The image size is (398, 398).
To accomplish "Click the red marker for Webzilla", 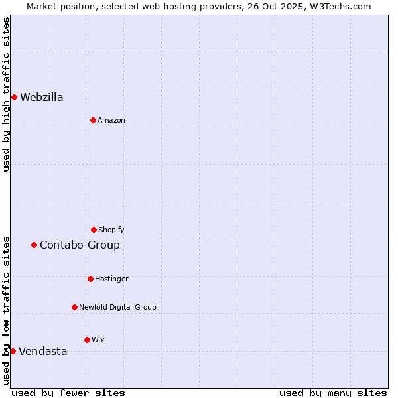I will pyautogui.click(x=14, y=97).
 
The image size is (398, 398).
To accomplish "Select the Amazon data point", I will pyautogui.click(x=93, y=120).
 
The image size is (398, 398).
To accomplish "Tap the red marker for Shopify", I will pyautogui.click(x=94, y=230).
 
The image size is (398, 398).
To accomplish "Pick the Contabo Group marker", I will pyautogui.click(x=34, y=245).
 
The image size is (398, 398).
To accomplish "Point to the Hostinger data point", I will pyautogui.click(x=90, y=279).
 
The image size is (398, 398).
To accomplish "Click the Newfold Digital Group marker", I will pyautogui.click(x=74, y=307).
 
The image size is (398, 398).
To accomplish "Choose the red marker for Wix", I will pyautogui.click(x=87, y=340).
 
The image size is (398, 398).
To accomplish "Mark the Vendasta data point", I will pyautogui.click(x=13, y=351).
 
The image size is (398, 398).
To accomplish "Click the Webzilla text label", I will pyautogui.click(x=42, y=97).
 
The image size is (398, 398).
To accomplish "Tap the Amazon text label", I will pyautogui.click(x=111, y=120).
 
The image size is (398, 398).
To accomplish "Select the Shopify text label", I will pyautogui.click(x=111, y=230).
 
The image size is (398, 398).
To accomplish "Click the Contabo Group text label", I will pyautogui.click(x=80, y=245).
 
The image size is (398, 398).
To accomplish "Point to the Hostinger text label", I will pyautogui.click(x=111, y=279).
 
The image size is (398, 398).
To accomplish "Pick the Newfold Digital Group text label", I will pyautogui.click(x=117, y=307).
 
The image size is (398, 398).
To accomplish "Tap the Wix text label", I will pyautogui.click(x=98, y=340).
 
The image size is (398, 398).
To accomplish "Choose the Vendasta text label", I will pyautogui.click(x=43, y=351).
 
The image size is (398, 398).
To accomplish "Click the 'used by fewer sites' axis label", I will pyautogui.click(x=68, y=393).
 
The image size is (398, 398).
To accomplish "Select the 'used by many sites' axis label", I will pyautogui.click(x=333, y=393).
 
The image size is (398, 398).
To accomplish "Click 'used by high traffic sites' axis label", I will pyautogui.click(x=7, y=94).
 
